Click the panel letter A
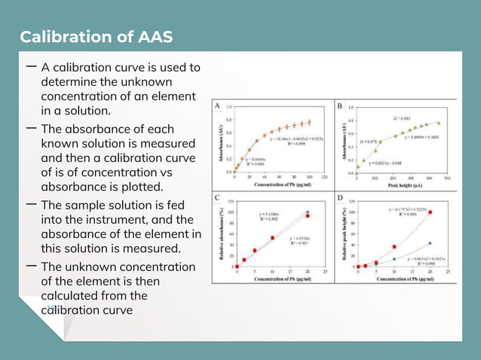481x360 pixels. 218,106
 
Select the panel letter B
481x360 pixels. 340,106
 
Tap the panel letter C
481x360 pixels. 218,199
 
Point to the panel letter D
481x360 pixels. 340,199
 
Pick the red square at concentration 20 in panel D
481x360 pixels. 430,212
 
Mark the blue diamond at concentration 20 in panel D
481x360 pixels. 430,243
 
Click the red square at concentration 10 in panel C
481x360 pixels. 272,238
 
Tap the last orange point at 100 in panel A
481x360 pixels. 308,122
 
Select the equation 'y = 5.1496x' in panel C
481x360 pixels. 268,214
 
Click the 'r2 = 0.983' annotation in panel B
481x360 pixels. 400,118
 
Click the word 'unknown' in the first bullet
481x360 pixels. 144,81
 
